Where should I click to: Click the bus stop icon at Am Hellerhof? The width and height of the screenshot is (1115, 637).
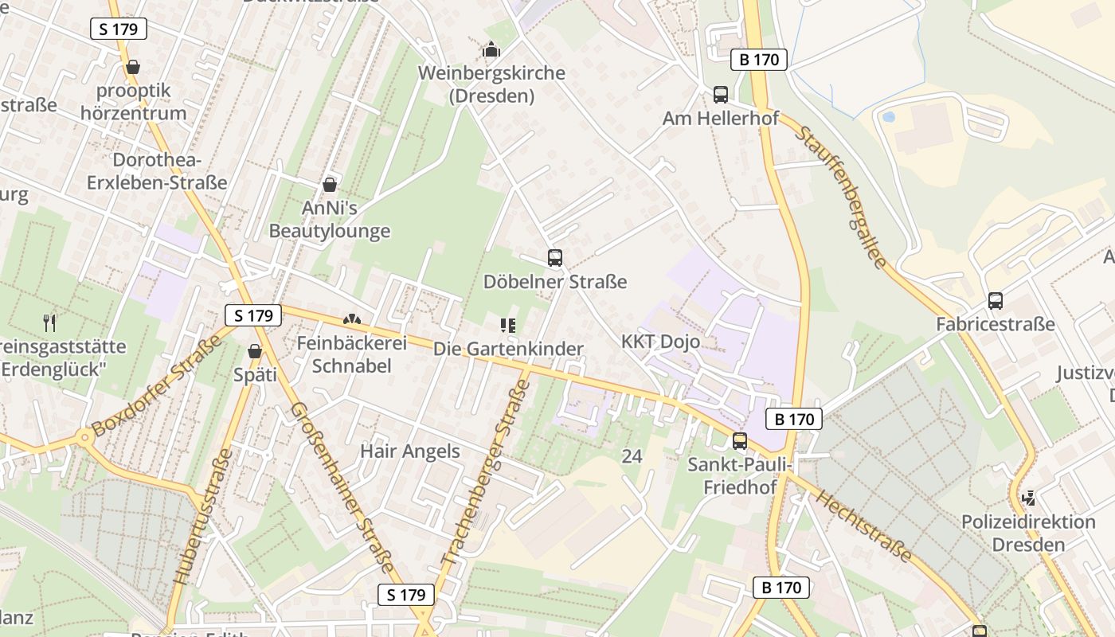click(721, 95)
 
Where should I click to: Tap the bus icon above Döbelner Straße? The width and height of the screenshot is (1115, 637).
click(555, 258)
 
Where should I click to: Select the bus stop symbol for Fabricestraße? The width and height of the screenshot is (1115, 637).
click(996, 301)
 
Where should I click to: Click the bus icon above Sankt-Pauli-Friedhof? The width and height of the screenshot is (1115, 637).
click(740, 440)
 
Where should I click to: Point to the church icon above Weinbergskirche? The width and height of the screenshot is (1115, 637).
click(491, 50)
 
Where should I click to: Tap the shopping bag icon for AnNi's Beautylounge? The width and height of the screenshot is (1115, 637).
click(330, 185)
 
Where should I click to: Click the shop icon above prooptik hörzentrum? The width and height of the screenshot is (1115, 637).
click(133, 66)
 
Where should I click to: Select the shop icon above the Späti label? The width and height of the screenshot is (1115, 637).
click(255, 350)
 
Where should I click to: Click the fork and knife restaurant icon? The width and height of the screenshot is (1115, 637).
click(49, 322)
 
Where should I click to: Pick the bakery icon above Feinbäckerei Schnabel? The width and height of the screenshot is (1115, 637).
click(351, 319)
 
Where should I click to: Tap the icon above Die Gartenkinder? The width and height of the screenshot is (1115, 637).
click(508, 325)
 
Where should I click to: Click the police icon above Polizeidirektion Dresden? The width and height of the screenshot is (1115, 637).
click(1028, 498)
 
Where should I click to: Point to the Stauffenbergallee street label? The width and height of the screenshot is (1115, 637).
click(840, 197)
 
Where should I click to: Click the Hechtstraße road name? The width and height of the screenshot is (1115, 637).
click(864, 526)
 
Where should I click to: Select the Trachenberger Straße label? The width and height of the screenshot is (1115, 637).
click(486, 473)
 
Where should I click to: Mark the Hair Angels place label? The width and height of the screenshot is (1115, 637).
click(410, 451)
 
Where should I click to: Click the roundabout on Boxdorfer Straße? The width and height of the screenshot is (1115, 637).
click(84, 437)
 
